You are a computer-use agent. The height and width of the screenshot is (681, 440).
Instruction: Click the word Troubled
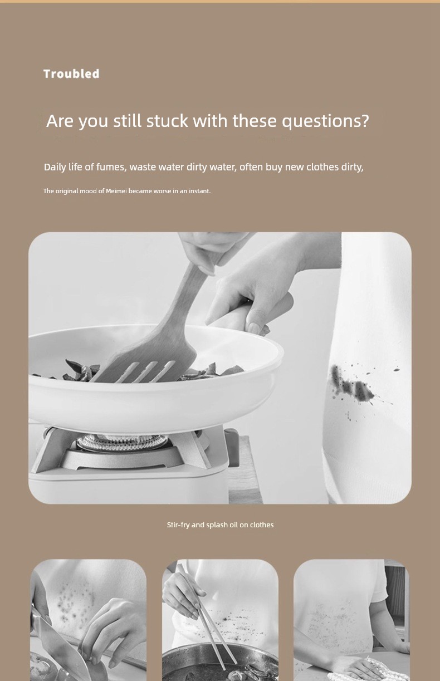coord(71,74)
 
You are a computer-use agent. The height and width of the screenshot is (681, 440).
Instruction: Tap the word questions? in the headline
coord(325,121)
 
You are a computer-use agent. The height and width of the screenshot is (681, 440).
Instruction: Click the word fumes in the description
coord(111,167)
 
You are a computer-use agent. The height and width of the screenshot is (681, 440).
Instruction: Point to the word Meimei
coord(116,191)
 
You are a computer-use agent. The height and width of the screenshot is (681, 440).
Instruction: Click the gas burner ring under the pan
coord(121,442)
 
